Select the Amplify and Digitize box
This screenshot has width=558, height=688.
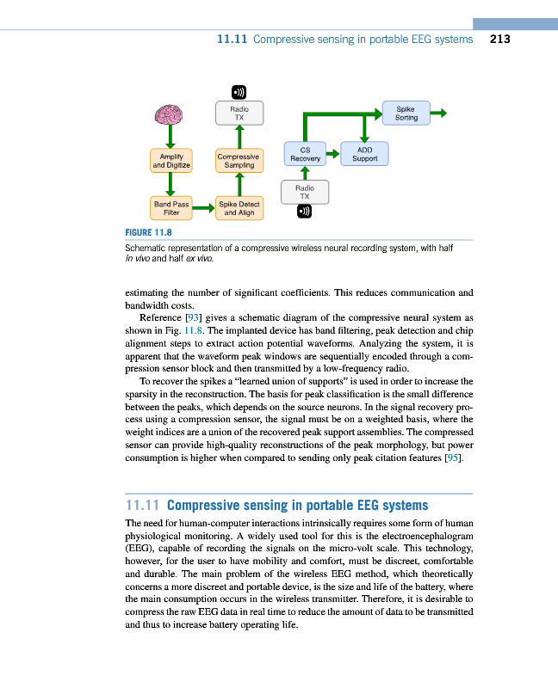coord(171,160)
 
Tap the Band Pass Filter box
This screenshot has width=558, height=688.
coord(171,207)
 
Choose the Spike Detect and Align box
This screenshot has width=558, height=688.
coord(239,207)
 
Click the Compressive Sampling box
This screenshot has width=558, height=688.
coord(239,160)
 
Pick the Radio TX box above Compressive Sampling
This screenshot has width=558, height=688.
coord(239,114)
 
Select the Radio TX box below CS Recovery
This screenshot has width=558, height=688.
coord(304,191)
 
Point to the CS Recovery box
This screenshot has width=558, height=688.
coord(305,154)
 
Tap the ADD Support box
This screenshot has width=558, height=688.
coord(365,154)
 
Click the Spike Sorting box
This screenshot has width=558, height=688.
coord(406,114)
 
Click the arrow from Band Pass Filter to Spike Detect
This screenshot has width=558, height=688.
coord(205,207)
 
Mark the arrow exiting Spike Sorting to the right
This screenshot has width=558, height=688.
coord(438,113)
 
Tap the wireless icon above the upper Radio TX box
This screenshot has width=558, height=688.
coord(239,91)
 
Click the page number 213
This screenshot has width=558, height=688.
coord(500,39)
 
